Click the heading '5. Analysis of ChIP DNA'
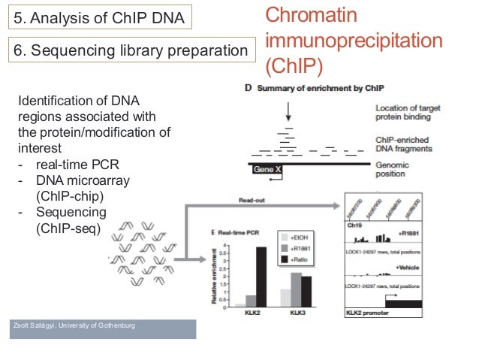(100, 17)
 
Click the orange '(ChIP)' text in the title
(294, 65)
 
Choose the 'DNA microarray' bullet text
(83, 181)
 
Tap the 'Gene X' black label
(267, 169)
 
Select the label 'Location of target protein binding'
(403, 112)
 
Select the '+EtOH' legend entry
(301, 234)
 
